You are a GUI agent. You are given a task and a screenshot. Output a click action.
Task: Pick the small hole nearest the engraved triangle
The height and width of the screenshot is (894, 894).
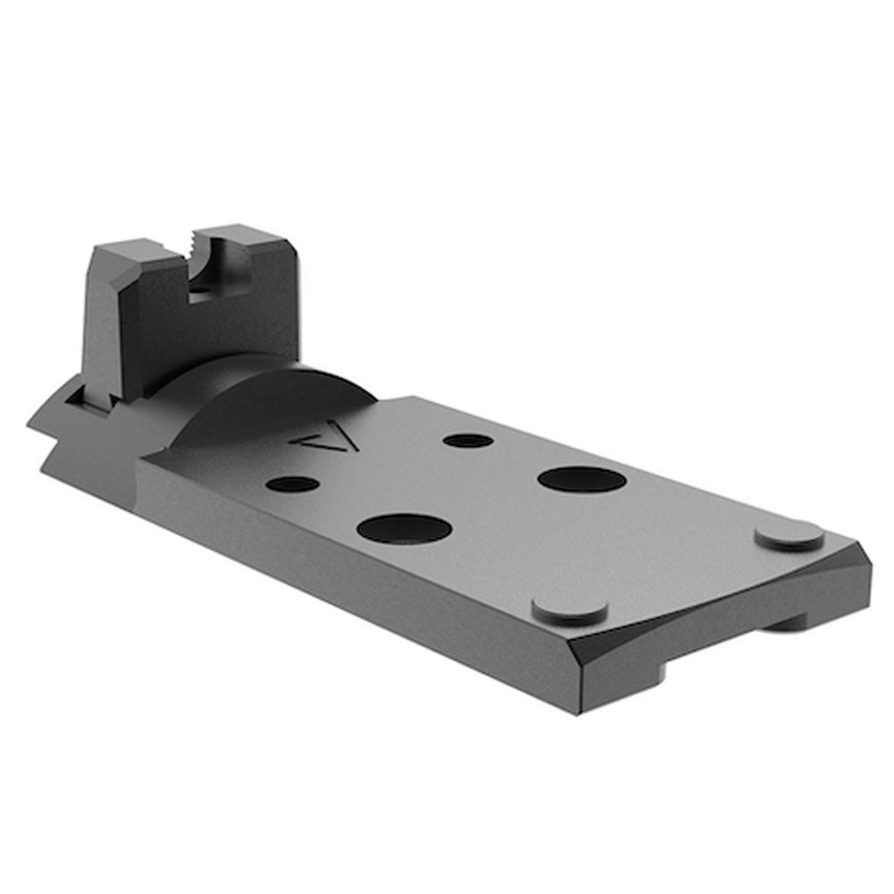[468, 440]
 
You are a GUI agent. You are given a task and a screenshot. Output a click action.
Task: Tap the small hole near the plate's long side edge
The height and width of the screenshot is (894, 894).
[293, 484]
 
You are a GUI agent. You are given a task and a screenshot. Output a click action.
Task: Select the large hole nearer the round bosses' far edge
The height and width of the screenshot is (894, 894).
[582, 478]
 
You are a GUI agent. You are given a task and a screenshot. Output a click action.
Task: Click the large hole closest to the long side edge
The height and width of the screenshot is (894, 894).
[403, 527]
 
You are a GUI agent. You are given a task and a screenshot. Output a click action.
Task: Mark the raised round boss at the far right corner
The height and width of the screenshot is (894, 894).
[789, 535]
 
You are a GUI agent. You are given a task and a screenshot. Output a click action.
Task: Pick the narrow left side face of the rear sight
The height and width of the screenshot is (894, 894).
[94, 322]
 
